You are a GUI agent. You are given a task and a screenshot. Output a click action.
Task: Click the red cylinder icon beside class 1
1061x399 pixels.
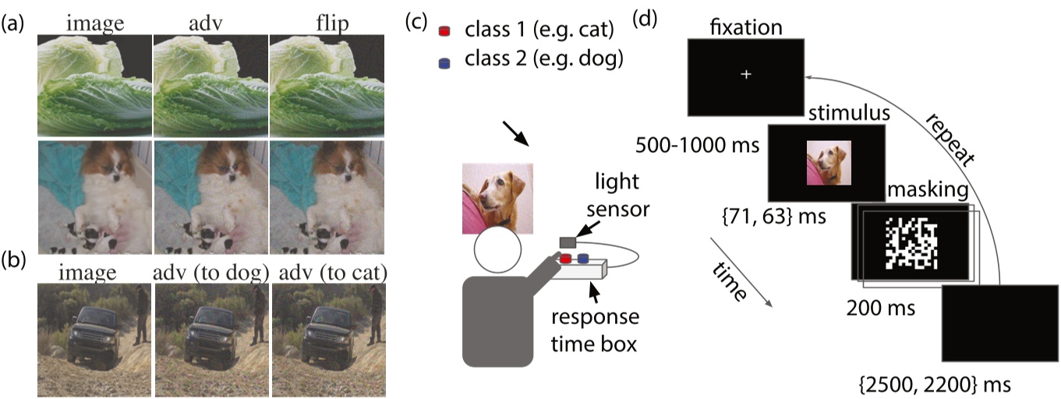(444, 31)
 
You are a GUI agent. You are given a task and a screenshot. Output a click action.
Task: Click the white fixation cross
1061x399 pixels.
(746, 75)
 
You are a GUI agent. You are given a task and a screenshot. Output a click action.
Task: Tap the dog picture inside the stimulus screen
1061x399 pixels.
(829, 163)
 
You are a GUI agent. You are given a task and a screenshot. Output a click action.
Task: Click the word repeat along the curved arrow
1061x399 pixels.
(953, 140)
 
